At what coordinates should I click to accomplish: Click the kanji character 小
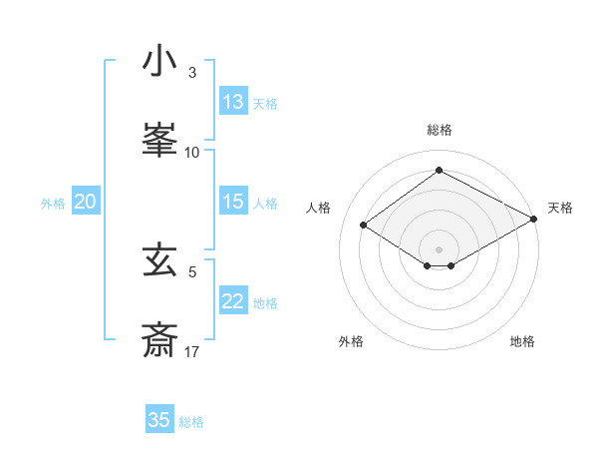click(x=159, y=63)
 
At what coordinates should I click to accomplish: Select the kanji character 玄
click(x=159, y=261)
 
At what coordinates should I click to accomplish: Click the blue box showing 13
click(x=233, y=102)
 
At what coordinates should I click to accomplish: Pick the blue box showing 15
click(x=233, y=202)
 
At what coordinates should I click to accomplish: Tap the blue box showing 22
click(x=233, y=301)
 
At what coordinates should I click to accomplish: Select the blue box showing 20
click(x=86, y=202)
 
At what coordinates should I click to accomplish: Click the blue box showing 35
click(x=159, y=420)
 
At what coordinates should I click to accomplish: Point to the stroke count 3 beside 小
click(x=192, y=73)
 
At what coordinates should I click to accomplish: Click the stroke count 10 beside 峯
click(x=192, y=152)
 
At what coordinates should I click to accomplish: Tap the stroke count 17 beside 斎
click(x=192, y=351)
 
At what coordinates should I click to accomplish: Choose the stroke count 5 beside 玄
click(x=192, y=271)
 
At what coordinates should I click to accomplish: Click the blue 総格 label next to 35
click(x=191, y=422)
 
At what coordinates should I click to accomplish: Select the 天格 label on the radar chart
click(x=560, y=208)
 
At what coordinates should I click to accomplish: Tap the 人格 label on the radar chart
click(x=318, y=208)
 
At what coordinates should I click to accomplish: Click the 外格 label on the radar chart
click(x=351, y=341)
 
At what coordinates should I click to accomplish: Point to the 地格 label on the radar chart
click(x=522, y=341)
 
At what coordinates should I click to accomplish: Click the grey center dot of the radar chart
click(x=439, y=248)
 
